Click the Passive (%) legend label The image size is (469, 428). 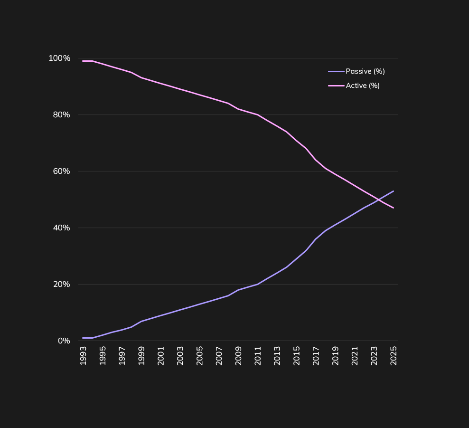365,71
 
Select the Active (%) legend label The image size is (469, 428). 363,86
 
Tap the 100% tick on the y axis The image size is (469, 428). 59,58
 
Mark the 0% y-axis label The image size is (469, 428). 64,341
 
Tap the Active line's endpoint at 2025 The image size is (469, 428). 394,208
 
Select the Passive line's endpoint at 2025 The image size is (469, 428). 394,191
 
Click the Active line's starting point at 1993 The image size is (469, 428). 83,61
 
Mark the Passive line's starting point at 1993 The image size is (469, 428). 83,338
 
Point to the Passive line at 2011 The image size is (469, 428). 258,284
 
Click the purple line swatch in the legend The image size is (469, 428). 336,71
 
